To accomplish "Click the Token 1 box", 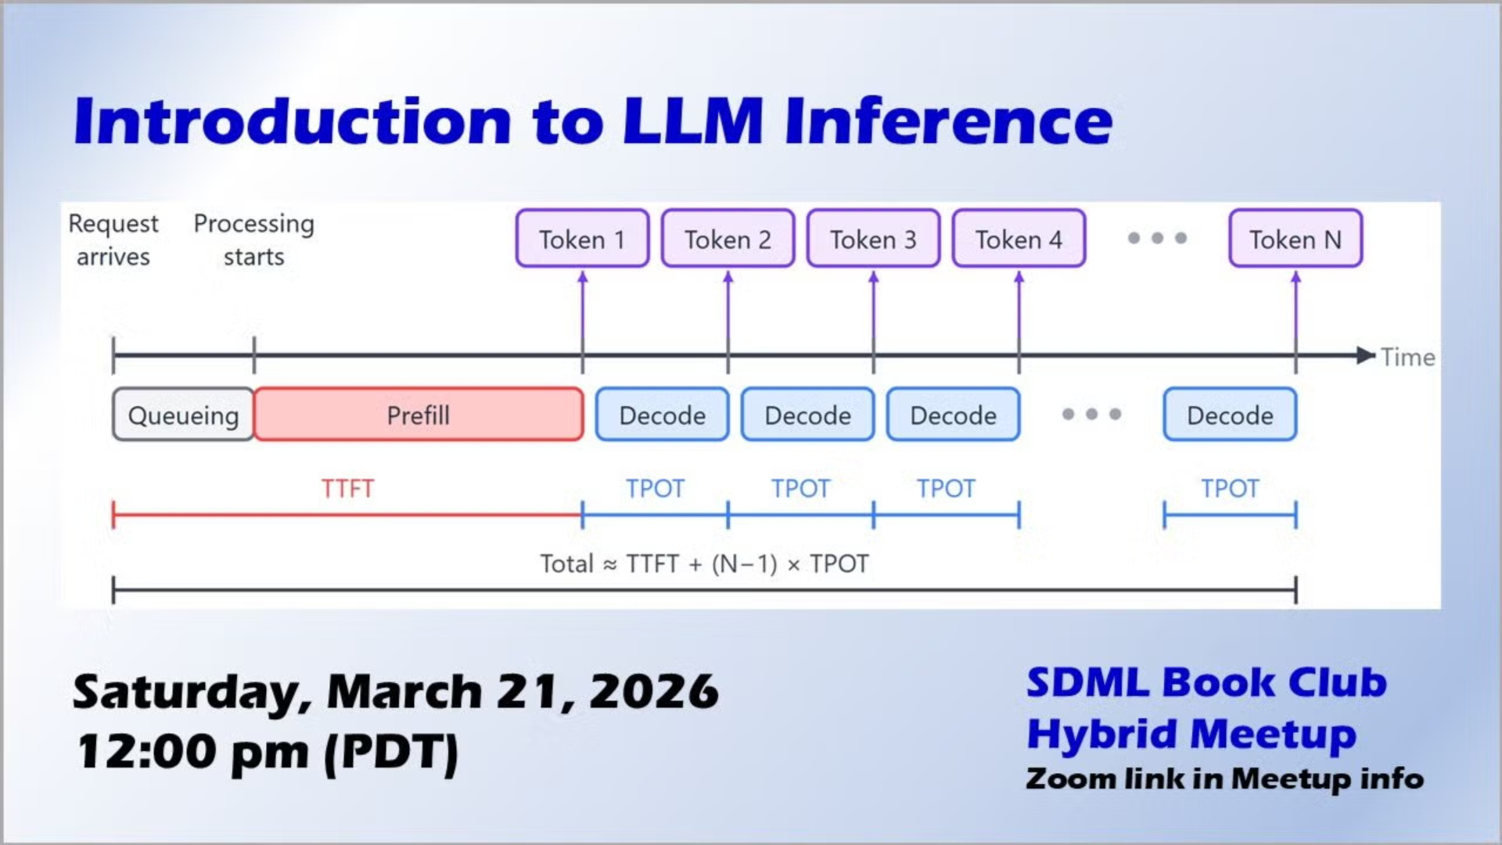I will point(582,239).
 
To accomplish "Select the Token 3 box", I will point(873,239).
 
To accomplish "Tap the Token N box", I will point(1295,239).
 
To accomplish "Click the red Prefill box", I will point(419,415).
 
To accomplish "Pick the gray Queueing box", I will point(183,415).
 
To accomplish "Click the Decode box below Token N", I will point(1230,415).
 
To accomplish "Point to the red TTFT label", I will point(347,489).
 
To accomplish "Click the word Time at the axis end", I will point(1407,358).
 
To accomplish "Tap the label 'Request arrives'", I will point(113,239).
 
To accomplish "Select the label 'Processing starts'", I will point(253,239).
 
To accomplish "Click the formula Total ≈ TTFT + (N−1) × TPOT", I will point(704,564).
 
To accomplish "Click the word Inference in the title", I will point(948,121).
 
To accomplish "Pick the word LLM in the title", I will point(693,121).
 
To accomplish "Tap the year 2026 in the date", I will point(654,692).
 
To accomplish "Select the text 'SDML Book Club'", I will point(1206,683).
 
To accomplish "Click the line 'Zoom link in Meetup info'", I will point(1224,779).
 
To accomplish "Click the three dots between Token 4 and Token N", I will point(1157,238).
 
